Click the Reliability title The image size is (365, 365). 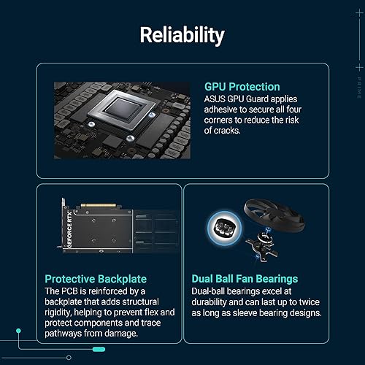click(182, 35)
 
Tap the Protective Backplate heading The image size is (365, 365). click(95, 278)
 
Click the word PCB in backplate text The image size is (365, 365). click(72, 291)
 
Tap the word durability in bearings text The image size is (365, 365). click(214, 301)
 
